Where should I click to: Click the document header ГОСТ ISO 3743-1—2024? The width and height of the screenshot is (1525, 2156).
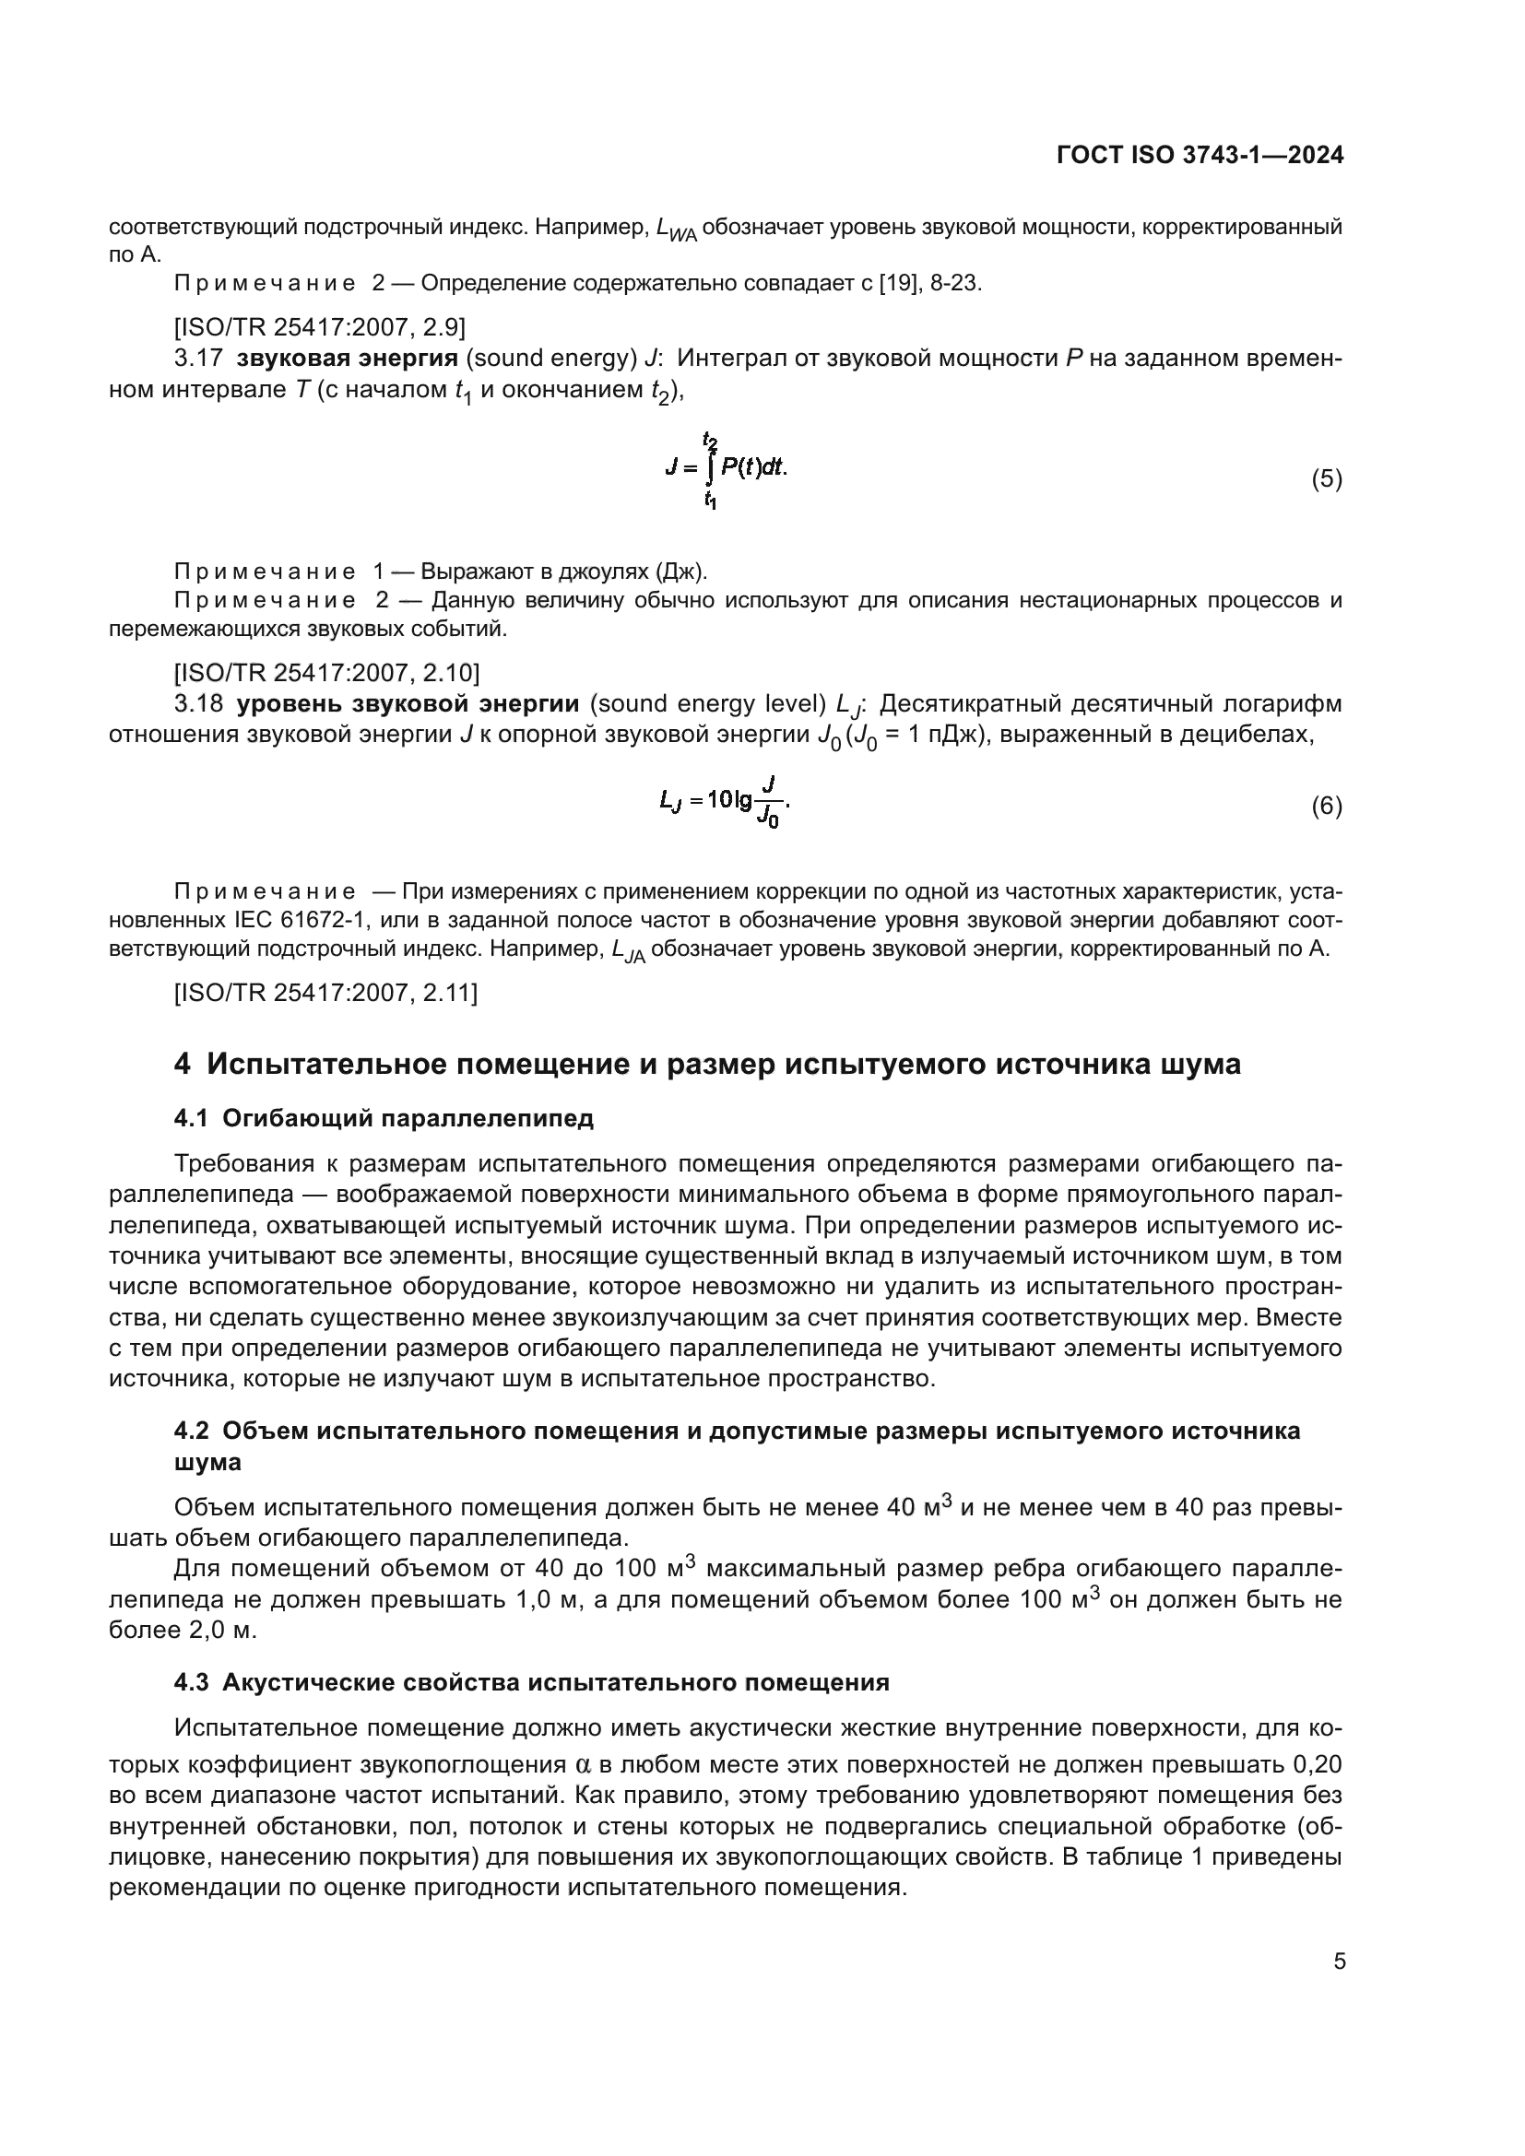[1200, 155]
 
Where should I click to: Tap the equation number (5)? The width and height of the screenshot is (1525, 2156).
[1326, 479]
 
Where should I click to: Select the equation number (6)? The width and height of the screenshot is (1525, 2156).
[1326, 806]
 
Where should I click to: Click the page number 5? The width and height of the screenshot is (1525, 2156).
[1339, 1962]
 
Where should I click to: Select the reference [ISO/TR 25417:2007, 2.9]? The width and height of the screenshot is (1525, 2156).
[319, 327]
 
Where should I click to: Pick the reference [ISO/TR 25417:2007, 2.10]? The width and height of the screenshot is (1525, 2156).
[326, 672]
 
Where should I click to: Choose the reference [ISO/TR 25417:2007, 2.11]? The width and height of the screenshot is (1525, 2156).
[325, 993]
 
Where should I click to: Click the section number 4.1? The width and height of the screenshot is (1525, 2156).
[191, 1118]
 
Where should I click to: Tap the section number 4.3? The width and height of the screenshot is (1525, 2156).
[192, 1682]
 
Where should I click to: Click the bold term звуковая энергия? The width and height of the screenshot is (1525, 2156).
[347, 359]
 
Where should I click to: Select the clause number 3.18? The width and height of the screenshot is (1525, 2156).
[197, 704]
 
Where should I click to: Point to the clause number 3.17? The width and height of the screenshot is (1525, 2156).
[197, 359]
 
